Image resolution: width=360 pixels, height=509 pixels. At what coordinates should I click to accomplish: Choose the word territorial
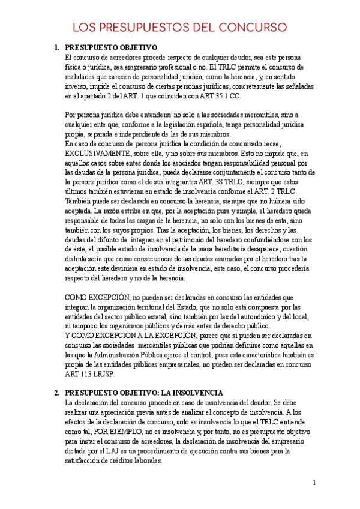tap(155, 308)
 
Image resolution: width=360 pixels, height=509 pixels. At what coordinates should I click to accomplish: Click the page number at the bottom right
tap(314, 483)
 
